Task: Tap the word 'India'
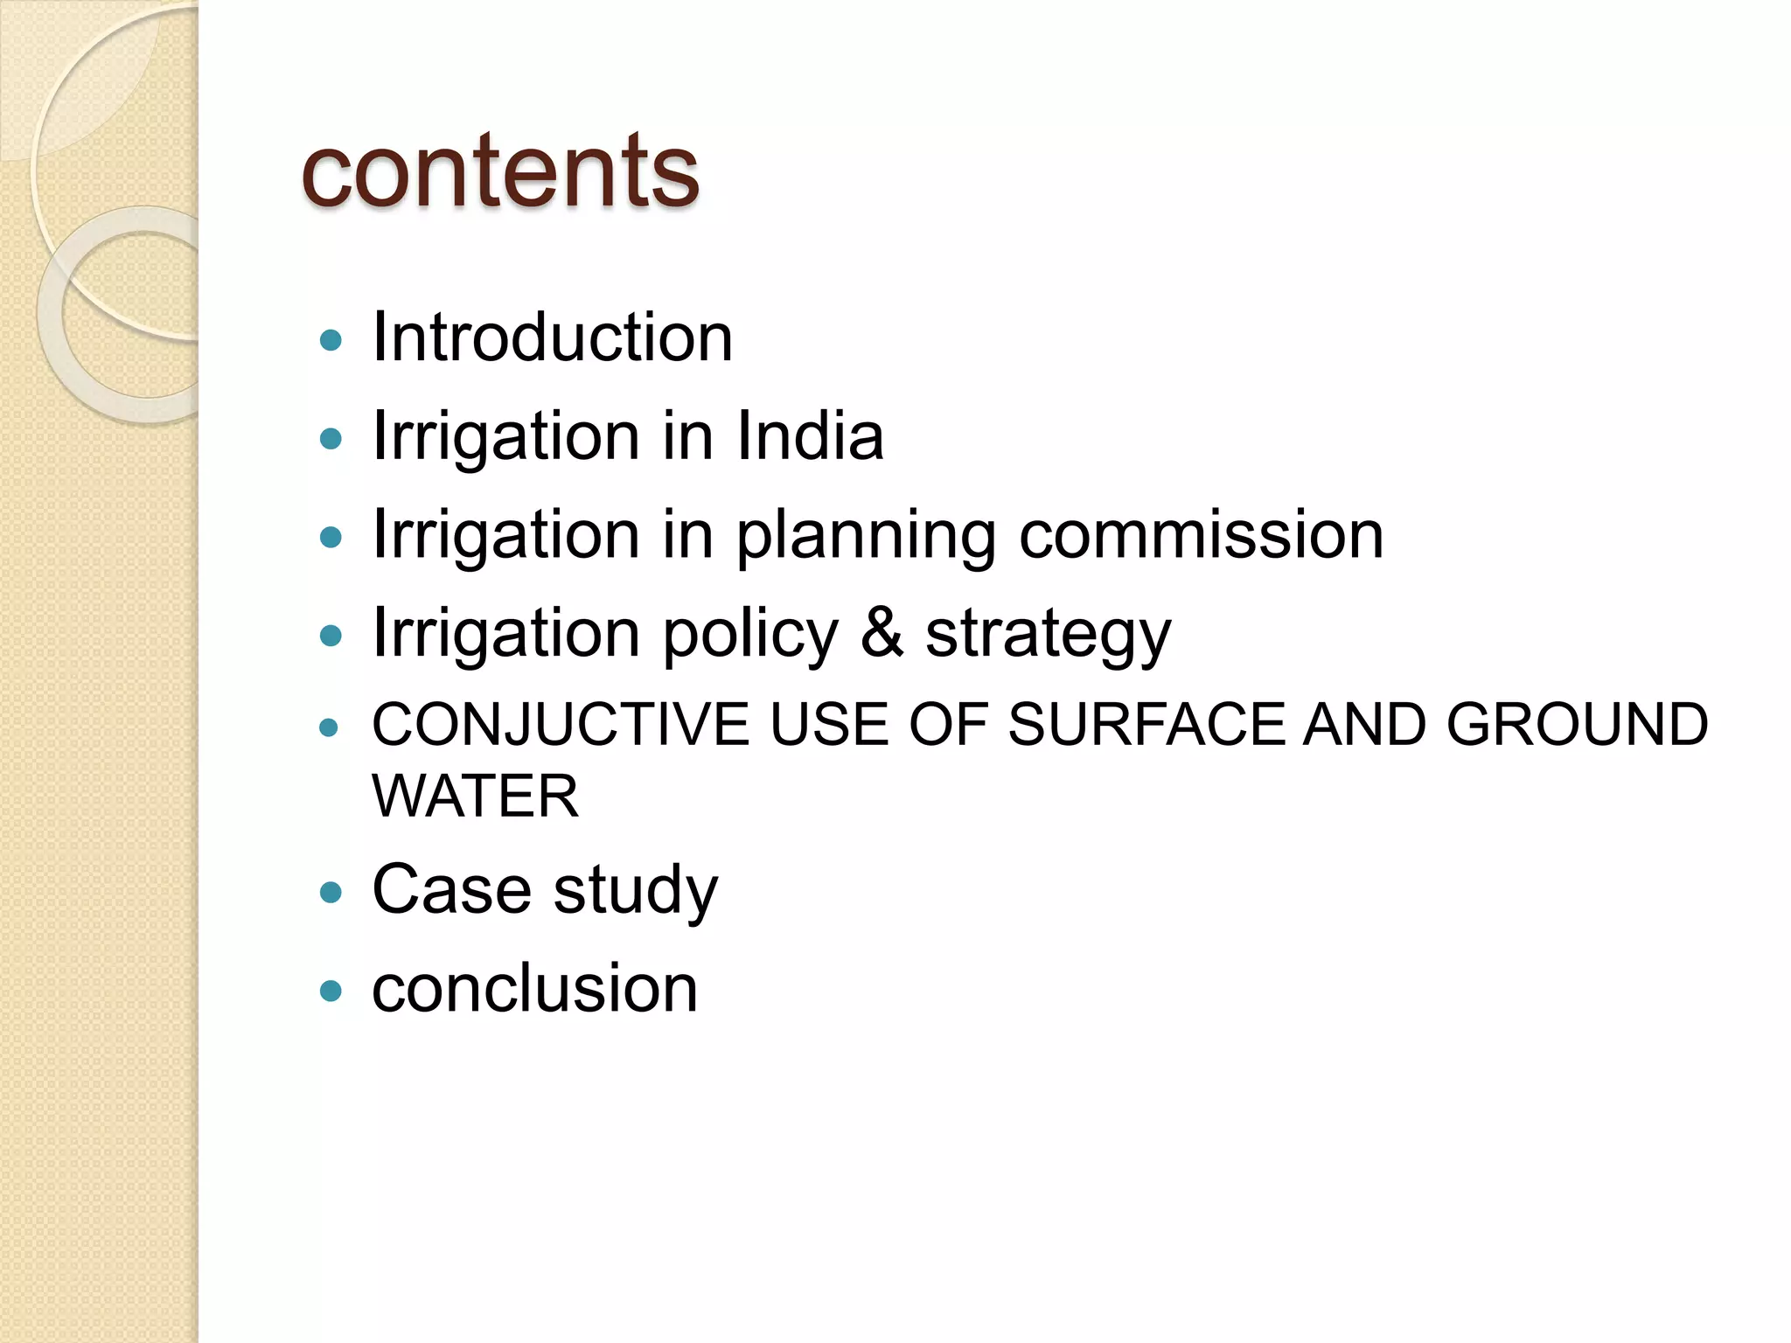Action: coord(810,435)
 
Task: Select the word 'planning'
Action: coord(866,535)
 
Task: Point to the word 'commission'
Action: coord(1201,534)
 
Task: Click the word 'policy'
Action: coord(750,633)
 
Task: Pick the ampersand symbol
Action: coord(882,632)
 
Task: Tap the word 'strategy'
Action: coord(1048,635)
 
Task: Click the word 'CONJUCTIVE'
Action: coord(561,725)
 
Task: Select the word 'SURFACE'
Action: coord(1145,725)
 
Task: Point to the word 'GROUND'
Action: coord(1577,725)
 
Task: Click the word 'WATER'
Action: coord(475,797)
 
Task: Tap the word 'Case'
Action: coord(451,889)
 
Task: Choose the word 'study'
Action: coord(636,891)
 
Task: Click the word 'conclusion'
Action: coord(534,989)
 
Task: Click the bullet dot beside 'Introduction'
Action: coord(331,339)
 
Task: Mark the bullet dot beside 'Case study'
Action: coord(331,892)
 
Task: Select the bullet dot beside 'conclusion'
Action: coord(331,991)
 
